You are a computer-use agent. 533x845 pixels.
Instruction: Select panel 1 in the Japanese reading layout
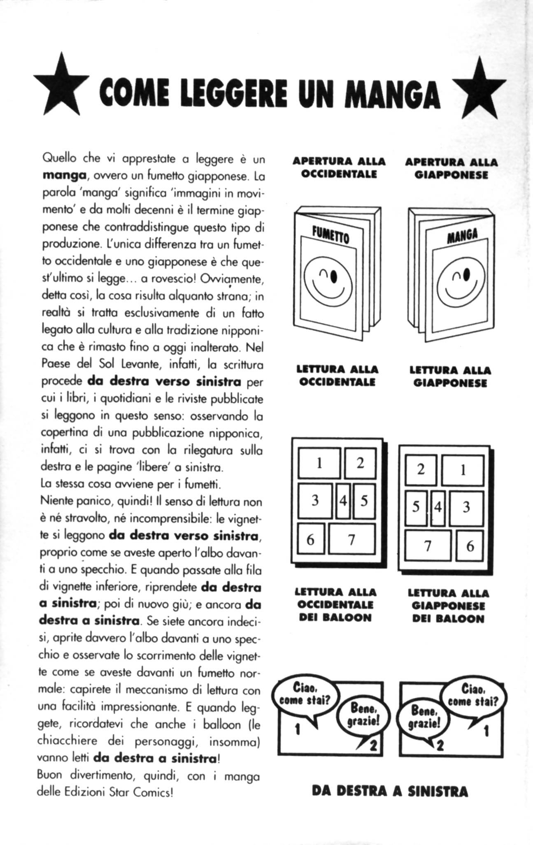pyautogui.click(x=462, y=469)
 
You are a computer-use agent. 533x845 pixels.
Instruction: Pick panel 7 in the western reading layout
pyautogui.click(x=351, y=539)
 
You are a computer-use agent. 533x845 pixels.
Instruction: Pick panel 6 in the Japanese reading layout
pyautogui.click(x=470, y=546)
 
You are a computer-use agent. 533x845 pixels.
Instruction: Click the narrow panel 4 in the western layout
pyautogui.click(x=343, y=501)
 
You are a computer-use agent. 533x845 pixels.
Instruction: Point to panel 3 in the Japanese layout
pyautogui.click(x=466, y=507)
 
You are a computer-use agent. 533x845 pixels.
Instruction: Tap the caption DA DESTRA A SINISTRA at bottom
pyautogui.click(x=390, y=791)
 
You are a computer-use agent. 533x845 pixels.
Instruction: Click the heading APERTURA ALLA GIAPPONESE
pyautogui.click(x=451, y=168)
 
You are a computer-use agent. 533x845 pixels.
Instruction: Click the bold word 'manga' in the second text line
pyautogui.click(x=64, y=176)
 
